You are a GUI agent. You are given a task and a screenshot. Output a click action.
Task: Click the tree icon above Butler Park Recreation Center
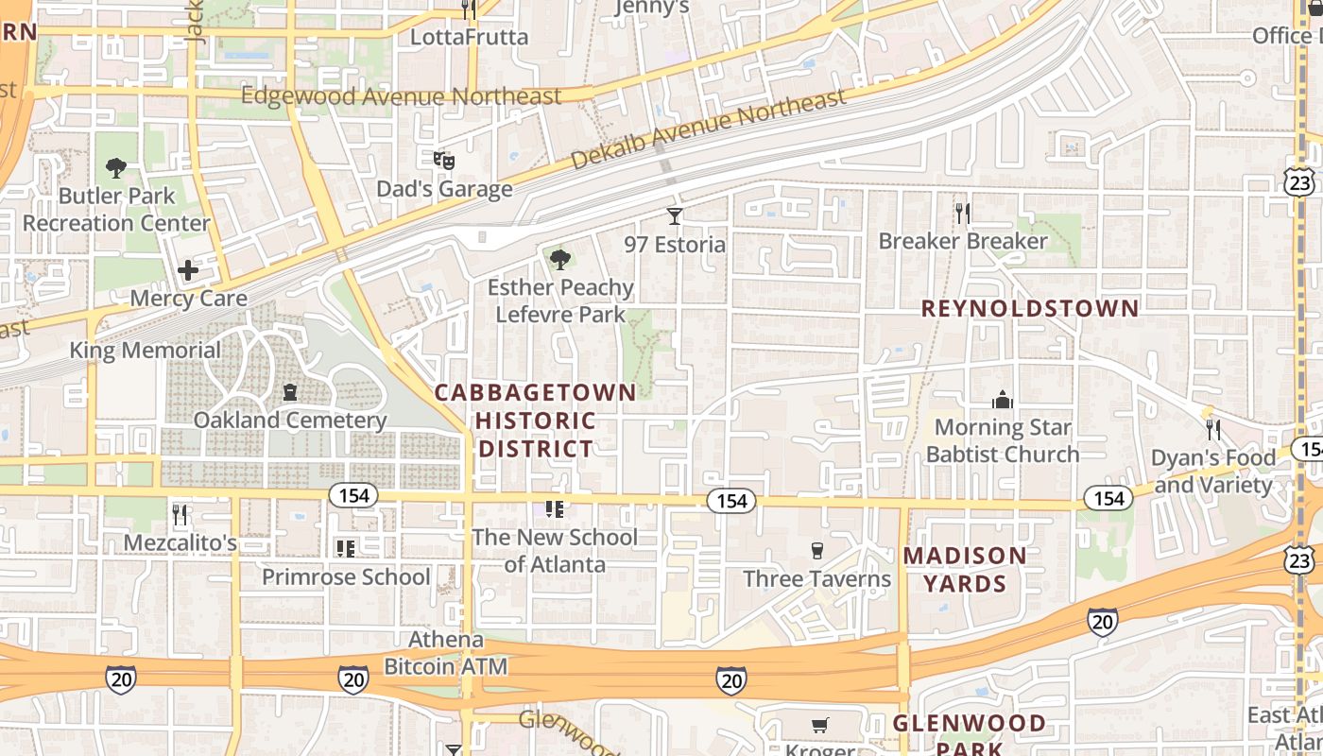point(116,169)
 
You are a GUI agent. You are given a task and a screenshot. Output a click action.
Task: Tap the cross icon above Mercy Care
point(188,271)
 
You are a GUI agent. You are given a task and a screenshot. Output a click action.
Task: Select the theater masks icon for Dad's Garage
point(444,161)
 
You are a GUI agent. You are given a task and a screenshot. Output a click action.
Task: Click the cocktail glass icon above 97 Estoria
point(674,216)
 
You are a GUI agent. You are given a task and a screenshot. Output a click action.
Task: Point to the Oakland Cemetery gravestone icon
point(290,392)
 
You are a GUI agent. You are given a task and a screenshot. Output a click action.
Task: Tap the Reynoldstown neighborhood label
point(1030,309)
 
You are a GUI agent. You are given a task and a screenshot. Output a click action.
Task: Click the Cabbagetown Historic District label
point(536,421)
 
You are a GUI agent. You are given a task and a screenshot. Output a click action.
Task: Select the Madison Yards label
point(965,569)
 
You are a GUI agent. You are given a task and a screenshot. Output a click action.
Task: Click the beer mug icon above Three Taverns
point(817,551)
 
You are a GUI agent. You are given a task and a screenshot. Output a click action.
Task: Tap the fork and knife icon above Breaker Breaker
point(962,213)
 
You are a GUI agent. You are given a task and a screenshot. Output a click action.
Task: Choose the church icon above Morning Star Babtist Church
point(1003,400)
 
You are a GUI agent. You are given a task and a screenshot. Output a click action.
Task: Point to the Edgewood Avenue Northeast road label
point(401,96)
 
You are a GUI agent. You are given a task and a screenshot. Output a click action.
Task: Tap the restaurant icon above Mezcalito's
point(180,515)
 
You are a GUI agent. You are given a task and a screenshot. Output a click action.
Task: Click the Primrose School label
point(346,576)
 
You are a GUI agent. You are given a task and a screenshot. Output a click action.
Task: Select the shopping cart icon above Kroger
point(820,726)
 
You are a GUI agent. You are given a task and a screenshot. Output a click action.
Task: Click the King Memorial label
point(145,351)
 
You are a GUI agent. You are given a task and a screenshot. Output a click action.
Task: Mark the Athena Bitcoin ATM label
point(445,653)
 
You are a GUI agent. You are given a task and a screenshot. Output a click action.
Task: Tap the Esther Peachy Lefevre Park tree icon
point(560,259)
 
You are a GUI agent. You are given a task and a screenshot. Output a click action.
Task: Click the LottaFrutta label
point(469,37)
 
